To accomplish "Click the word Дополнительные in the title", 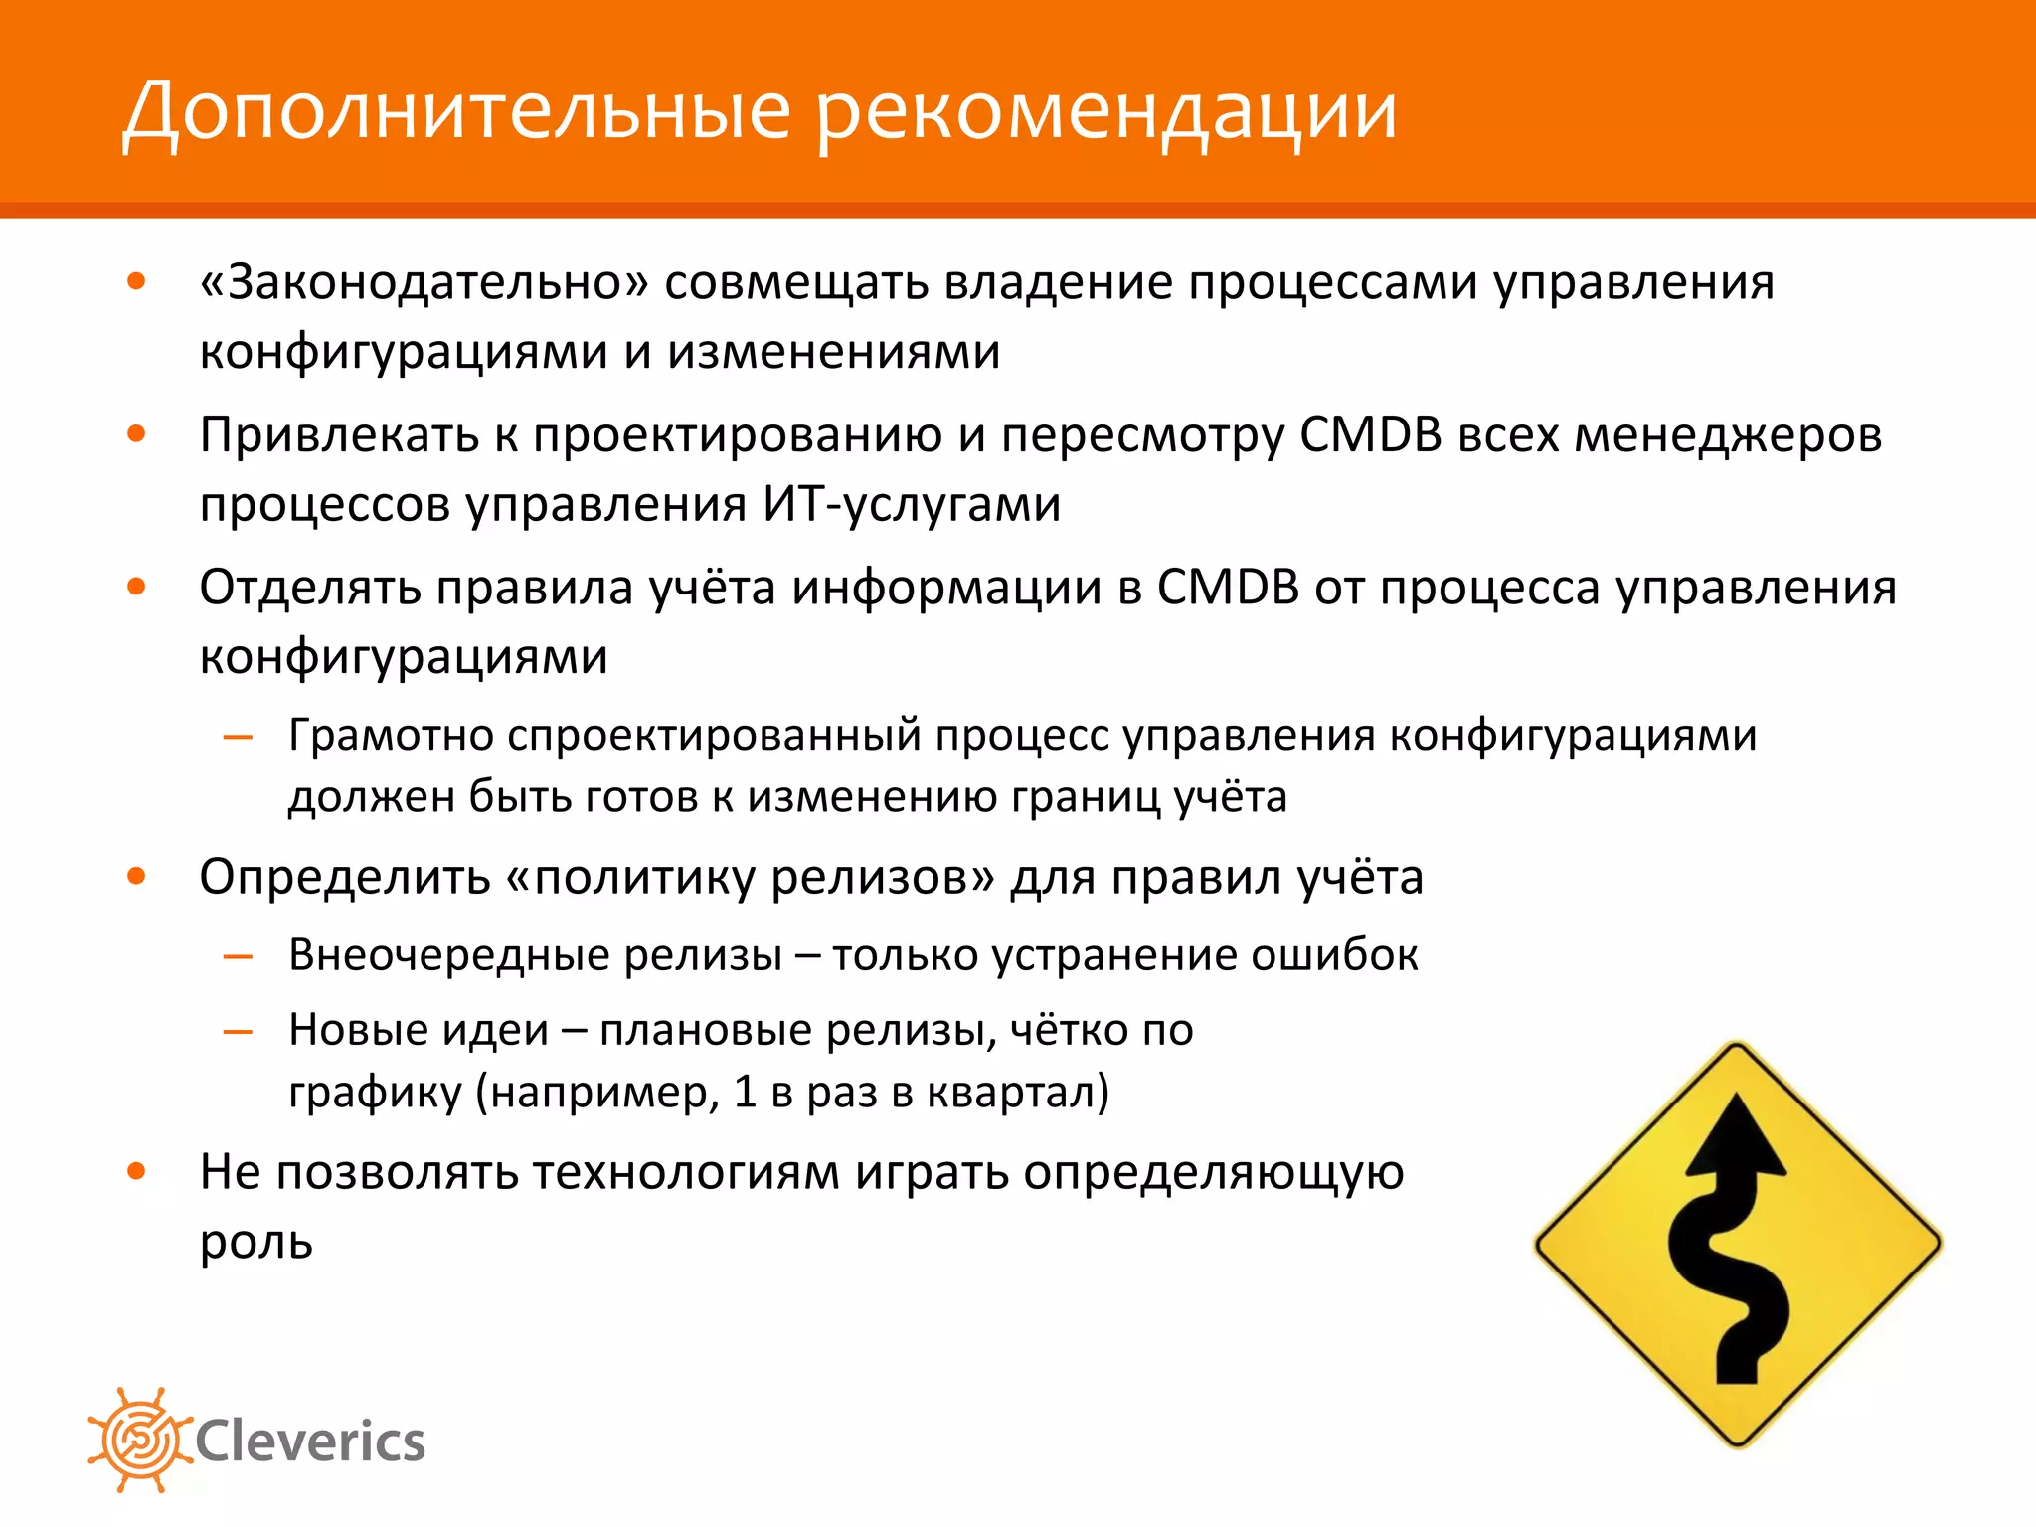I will [x=456, y=111].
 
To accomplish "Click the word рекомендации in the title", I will [x=1106, y=111].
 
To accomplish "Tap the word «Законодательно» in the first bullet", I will [x=424, y=283].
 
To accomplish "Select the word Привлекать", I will [x=339, y=436].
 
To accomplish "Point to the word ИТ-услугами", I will [x=912, y=505].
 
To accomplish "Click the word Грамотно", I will [x=391, y=736].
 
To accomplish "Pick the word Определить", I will [x=345, y=878].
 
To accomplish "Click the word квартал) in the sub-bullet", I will [x=1018, y=1092].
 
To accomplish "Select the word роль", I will [x=256, y=1242].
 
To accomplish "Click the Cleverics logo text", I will [x=310, y=1442].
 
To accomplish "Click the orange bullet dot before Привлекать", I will [x=137, y=434].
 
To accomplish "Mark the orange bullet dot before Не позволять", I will [x=137, y=1171].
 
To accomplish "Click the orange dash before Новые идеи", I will [x=239, y=1032].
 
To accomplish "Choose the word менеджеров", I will [x=1729, y=436].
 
